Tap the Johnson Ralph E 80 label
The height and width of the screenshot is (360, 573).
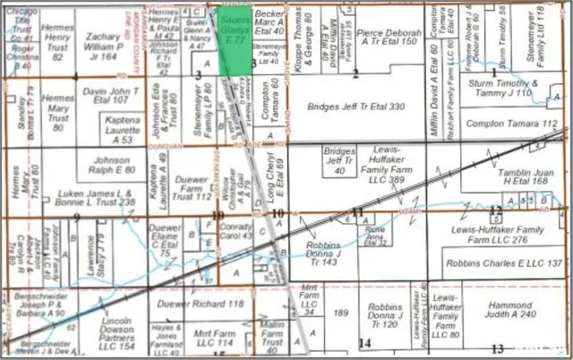pyautogui.click(x=111, y=165)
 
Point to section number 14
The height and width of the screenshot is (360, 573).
pyautogui.click(x=363, y=343)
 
